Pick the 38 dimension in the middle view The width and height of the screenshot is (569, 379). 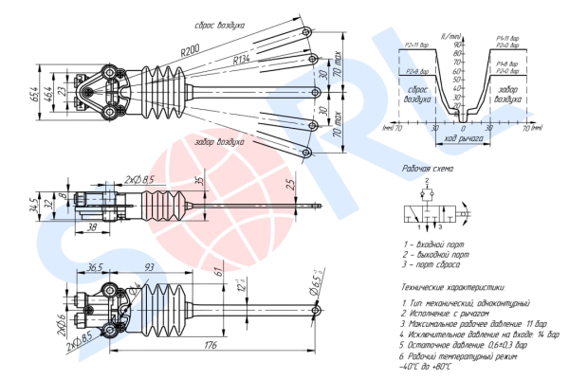tap(91, 227)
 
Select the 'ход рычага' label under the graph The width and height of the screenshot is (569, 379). tap(464, 138)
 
